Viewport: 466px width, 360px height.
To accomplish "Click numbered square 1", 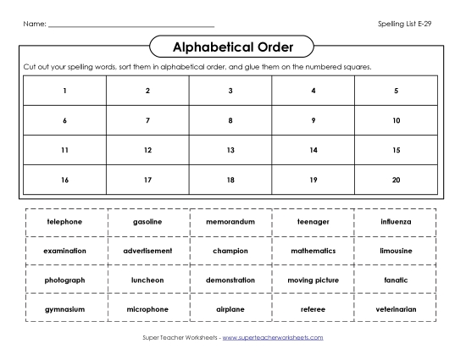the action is pos(64,91).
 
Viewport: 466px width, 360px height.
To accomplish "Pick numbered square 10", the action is pos(396,120).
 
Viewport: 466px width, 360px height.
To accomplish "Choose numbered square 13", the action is pos(230,150).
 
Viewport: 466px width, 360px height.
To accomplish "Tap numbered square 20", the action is pos(396,180).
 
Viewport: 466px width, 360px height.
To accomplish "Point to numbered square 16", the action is pos(64,180).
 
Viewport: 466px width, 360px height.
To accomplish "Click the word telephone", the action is pos(64,221).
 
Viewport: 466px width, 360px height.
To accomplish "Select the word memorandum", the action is pos(230,221).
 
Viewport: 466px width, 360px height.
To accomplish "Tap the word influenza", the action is pos(396,221).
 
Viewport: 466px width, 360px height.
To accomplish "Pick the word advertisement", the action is pos(147,251).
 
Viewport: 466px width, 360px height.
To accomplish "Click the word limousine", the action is pos(396,251).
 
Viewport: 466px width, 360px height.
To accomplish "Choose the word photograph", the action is pos(64,280).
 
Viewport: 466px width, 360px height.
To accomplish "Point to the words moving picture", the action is pos(313,280).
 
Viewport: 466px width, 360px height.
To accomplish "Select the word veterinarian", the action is pos(396,309).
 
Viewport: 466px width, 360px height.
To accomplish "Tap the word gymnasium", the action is pos(64,309).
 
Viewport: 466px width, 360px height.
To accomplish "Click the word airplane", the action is pos(230,309).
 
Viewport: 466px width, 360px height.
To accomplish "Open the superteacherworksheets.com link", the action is pos(273,337).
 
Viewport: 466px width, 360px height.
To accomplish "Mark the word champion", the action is pos(230,251).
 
